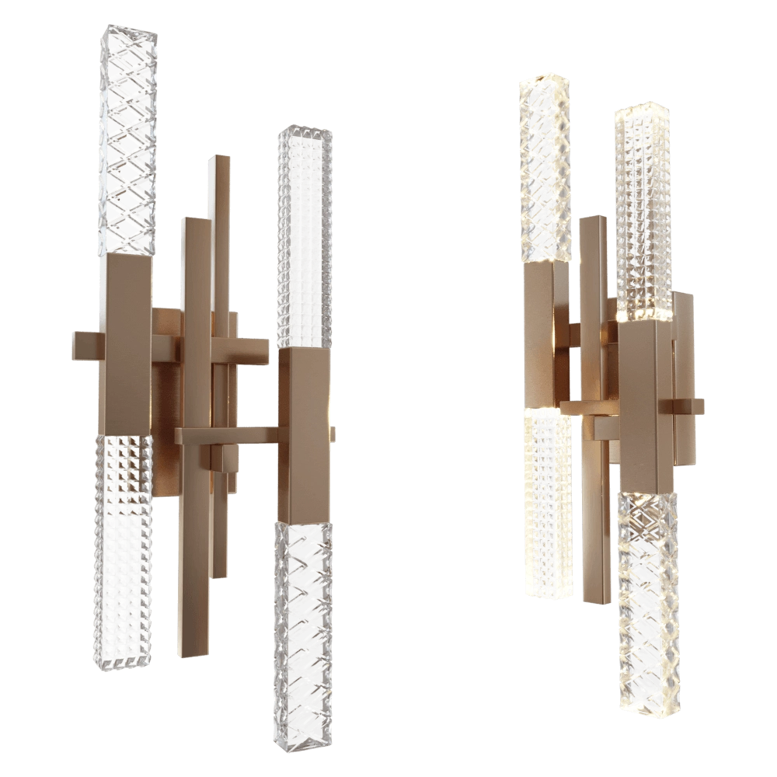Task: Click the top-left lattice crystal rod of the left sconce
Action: click(x=127, y=140)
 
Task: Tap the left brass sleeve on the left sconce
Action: click(x=127, y=342)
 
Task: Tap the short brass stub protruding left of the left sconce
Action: click(x=85, y=346)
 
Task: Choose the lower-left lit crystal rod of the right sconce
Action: click(x=547, y=505)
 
